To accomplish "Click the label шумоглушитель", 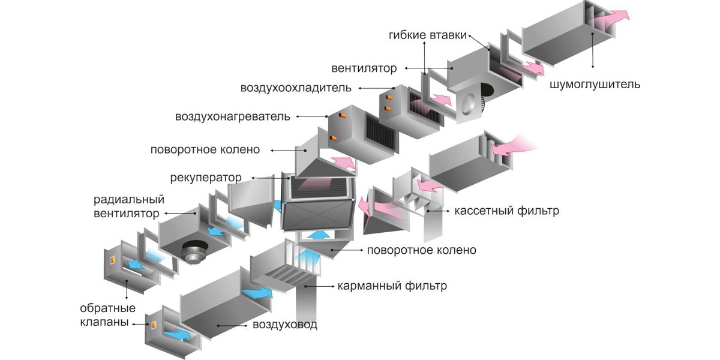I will tap(595, 84).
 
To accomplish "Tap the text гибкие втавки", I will tap(427, 35).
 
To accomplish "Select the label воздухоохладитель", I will tap(296, 88).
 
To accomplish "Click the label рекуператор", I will tap(206, 178).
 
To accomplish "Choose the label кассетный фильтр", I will tap(506, 211).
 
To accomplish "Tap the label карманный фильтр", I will tap(392, 286).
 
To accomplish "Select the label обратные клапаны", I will tap(107, 315).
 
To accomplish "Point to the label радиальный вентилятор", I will tap(128, 206).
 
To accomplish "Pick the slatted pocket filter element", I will tap(283, 275).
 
